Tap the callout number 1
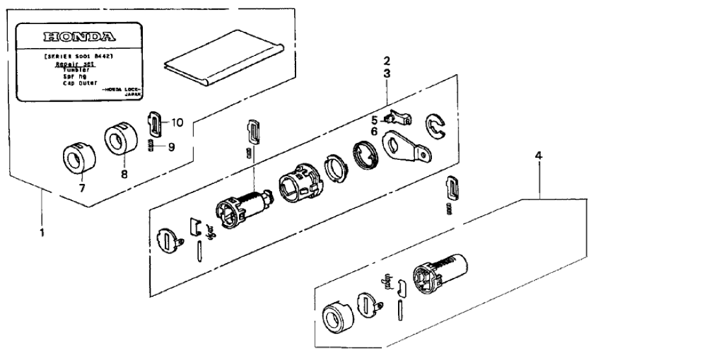(42, 232)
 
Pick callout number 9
(171, 147)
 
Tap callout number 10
(177, 122)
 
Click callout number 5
(374, 119)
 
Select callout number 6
(374, 131)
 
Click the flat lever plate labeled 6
(403, 144)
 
